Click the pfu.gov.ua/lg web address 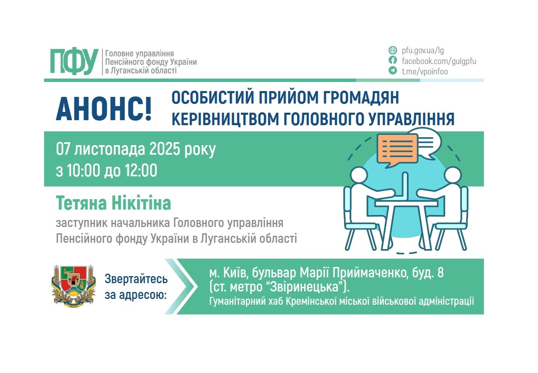423,51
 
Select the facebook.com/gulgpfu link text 439,61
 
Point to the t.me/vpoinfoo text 424,72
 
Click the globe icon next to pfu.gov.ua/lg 392,51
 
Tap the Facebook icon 392,61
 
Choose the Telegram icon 392,71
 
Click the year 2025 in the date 163,150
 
